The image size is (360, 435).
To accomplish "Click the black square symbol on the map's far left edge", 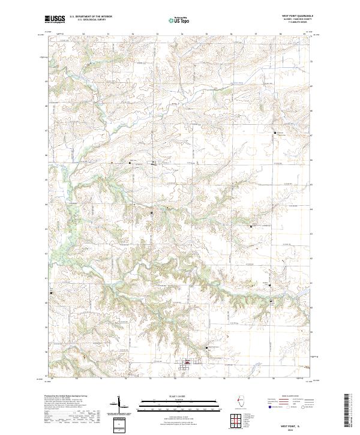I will (51, 293).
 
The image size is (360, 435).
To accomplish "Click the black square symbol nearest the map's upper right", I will (275, 132).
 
